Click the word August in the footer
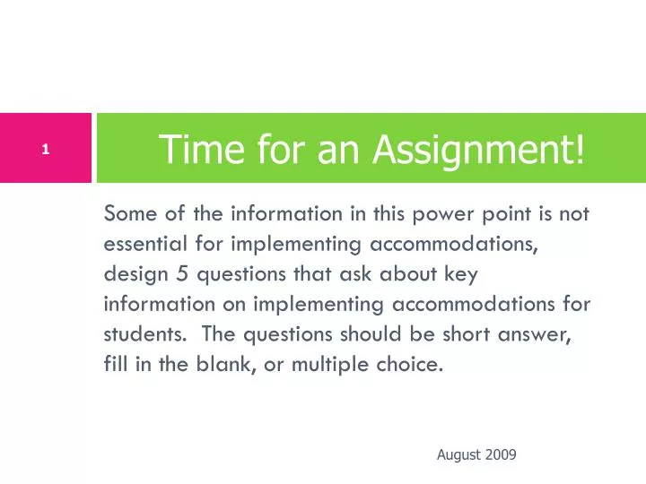pos(457,455)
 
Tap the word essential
pos(147,244)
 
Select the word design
pos(130,274)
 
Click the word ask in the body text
pos(353,274)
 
